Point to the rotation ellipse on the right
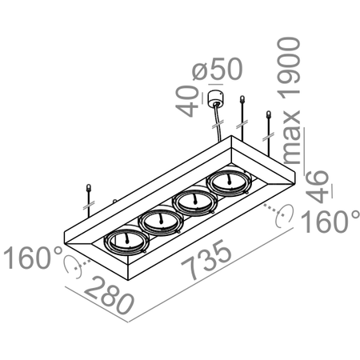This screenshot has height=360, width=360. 279,216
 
